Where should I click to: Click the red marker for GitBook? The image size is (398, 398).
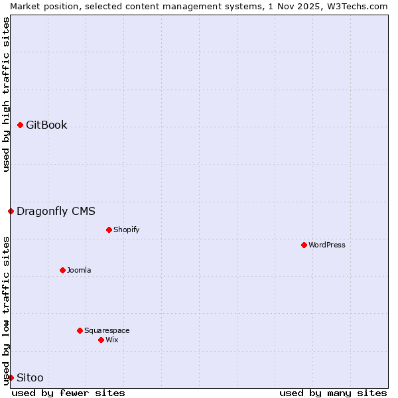[21, 125]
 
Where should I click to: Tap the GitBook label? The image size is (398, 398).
[46, 125]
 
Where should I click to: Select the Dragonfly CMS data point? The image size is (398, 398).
[11, 212]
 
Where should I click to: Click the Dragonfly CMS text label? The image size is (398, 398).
[56, 212]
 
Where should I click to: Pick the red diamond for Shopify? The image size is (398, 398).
[109, 230]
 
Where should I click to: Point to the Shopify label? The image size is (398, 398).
[126, 230]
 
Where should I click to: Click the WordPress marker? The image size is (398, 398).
[304, 245]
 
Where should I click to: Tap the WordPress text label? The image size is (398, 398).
[327, 245]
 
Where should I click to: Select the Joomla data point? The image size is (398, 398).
[63, 270]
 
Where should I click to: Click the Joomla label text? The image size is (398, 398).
[79, 271]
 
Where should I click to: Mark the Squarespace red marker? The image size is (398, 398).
[80, 330]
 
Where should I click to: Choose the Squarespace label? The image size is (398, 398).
[107, 331]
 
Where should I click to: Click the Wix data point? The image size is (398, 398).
[101, 340]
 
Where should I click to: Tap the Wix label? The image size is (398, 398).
[112, 340]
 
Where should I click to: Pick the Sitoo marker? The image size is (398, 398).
[11, 377]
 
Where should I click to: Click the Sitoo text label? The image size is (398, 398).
[30, 378]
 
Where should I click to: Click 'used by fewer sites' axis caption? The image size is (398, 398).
[68, 393]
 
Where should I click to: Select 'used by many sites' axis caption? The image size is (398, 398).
[333, 393]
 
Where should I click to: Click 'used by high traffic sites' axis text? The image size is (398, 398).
[7, 95]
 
